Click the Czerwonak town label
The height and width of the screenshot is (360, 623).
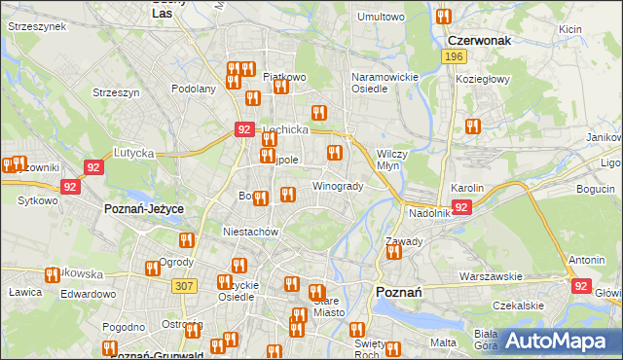pyautogui.click(x=479, y=41)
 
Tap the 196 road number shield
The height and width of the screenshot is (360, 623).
pyautogui.click(x=453, y=57)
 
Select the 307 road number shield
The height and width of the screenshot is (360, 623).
pyautogui.click(x=184, y=285)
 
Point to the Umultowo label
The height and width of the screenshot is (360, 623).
pyautogui.click(x=381, y=17)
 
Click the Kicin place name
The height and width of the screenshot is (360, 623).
pyautogui.click(x=570, y=29)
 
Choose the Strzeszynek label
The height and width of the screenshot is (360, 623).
pyautogui.click(x=37, y=27)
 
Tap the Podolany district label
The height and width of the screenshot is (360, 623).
pyautogui.click(x=194, y=88)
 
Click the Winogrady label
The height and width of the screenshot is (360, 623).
pyautogui.click(x=338, y=186)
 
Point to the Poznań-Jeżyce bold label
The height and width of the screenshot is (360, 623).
pyautogui.click(x=144, y=209)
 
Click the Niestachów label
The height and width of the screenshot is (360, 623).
pyautogui.click(x=251, y=233)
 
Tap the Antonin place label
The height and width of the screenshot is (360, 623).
pyautogui.click(x=587, y=260)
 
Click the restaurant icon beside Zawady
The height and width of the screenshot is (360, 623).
pyautogui.click(x=394, y=252)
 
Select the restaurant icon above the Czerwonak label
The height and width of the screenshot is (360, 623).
pyautogui.click(x=444, y=17)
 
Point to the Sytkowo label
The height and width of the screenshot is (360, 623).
pyautogui.click(x=37, y=199)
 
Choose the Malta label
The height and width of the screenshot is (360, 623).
pyautogui.click(x=444, y=342)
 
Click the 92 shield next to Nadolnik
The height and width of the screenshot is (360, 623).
pyautogui.click(x=461, y=207)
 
